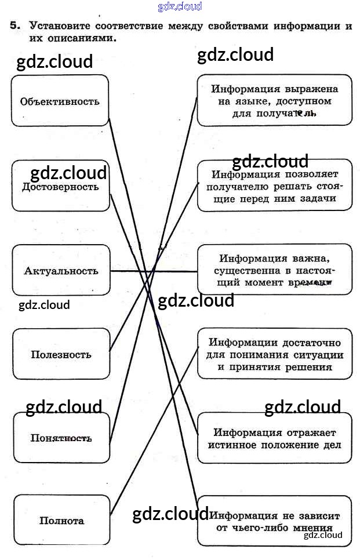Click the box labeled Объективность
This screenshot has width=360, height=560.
[60, 100]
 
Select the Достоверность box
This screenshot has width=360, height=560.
[60, 187]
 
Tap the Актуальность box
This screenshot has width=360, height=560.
[61, 270]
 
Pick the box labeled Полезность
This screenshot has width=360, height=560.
[61, 354]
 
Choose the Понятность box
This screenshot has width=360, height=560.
[61, 438]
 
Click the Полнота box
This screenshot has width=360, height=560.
[61, 521]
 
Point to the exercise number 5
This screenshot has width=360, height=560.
[14, 26]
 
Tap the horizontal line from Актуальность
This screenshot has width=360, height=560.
[154, 271]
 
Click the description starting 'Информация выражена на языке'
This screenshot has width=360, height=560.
[274, 101]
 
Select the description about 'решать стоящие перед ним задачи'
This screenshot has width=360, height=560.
[274, 186]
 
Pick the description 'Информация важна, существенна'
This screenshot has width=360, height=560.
[274, 270]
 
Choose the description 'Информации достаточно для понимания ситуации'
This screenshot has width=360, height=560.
[274, 354]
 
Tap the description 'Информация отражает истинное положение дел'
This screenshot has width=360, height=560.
[274, 438]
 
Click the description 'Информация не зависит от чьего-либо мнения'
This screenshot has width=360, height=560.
[274, 521]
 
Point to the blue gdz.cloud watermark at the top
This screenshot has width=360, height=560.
[180, 6]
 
